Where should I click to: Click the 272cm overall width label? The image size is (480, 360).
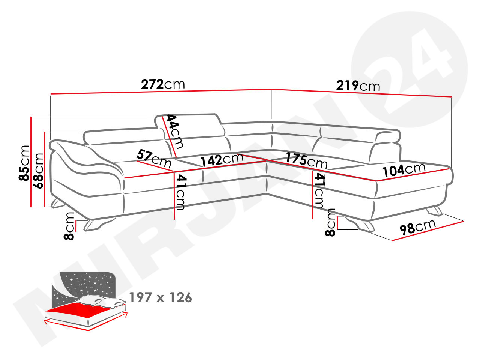(x=163, y=84)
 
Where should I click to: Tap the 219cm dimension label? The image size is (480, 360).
(x=358, y=85)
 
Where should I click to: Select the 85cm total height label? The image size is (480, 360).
(x=24, y=163)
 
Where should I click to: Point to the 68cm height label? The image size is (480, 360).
(x=38, y=171)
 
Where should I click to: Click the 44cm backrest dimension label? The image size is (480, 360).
(x=174, y=132)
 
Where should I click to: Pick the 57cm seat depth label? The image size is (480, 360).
(x=153, y=158)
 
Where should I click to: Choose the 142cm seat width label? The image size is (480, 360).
(x=222, y=160)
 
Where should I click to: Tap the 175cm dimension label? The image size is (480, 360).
(x=306, y=160)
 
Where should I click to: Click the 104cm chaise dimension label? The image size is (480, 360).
(x=404, y=170)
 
